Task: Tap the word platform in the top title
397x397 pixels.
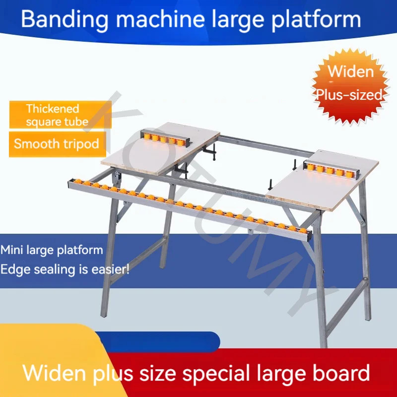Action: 316,19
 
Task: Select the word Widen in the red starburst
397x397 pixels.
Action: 350,71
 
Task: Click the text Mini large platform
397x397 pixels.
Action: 52,250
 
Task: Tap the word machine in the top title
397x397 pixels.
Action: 156,19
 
